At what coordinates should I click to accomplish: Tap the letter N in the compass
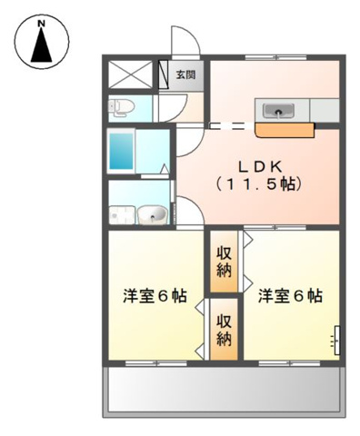click(x=41, y=21)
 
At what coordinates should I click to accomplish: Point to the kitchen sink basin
click(x=277, y=111)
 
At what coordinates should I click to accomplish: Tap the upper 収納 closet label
click(x=224, y=262)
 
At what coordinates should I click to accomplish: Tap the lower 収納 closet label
click(x=224, y=332)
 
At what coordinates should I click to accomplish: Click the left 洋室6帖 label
click(x=155, y=296)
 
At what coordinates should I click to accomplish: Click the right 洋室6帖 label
click(x=289, y=296)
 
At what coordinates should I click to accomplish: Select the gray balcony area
click(x=224, y=391)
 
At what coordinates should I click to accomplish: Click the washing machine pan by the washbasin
click(x=120, y=215)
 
